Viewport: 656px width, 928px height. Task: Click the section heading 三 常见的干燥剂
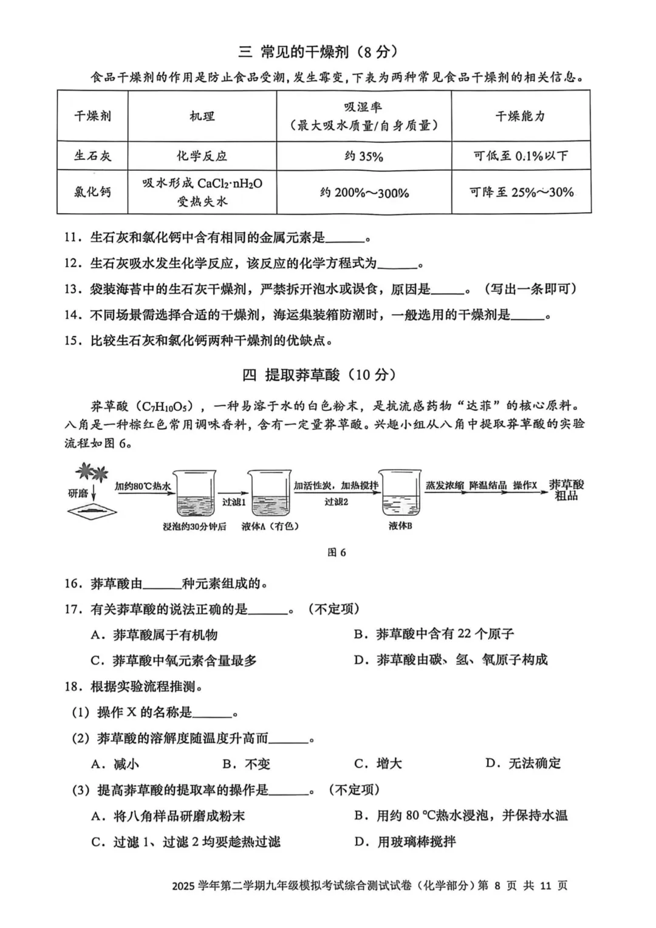(322, 52)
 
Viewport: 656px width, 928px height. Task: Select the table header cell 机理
(202, 116)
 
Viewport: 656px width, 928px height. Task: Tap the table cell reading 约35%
(364, 156)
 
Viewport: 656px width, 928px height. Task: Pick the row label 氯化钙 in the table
(92, 192)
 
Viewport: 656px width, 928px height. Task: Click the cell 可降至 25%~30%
(521, 192)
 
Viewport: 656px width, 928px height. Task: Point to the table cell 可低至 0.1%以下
(521, 156)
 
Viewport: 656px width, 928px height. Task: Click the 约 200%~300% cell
(364, 193)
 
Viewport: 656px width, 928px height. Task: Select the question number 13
(72, 289)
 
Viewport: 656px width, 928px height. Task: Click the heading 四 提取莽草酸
(322, 375)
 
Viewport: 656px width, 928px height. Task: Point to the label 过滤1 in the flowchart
(233, 502)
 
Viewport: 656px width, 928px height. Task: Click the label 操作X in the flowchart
(525, 486)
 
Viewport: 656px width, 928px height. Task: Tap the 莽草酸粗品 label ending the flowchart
(566, 490)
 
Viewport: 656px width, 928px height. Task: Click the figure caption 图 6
(337, 552)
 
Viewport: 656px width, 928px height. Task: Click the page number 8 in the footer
(497, 885)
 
